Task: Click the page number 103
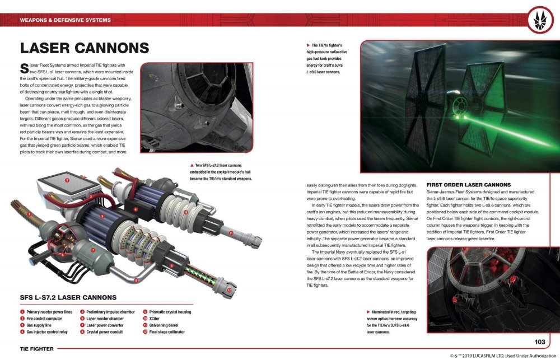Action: click(539, 342)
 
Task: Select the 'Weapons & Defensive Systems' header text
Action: click(65, 20)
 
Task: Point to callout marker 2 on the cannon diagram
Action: click(67, 180)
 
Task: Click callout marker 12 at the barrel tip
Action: click(230, 290)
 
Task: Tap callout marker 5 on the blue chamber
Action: click(102, 216)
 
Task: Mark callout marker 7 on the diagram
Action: click(93, 250)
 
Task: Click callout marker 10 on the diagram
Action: click(185, 213)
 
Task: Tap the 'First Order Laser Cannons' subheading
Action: click(469, 185)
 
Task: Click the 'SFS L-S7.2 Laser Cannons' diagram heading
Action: click(68, 298)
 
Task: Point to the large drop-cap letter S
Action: click(24, 69)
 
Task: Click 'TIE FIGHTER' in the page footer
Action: click(36, 349)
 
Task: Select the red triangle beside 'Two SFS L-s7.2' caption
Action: click(192, 165)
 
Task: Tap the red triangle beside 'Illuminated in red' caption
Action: click(368, 311)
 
